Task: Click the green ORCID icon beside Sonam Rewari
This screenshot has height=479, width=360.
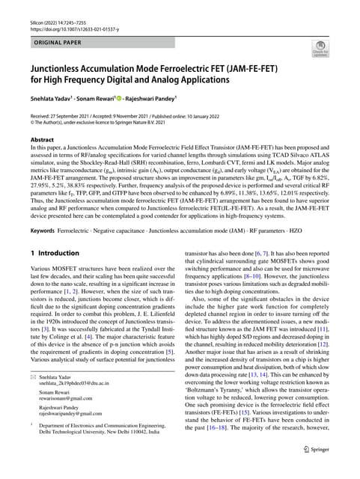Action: coord(141,97)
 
